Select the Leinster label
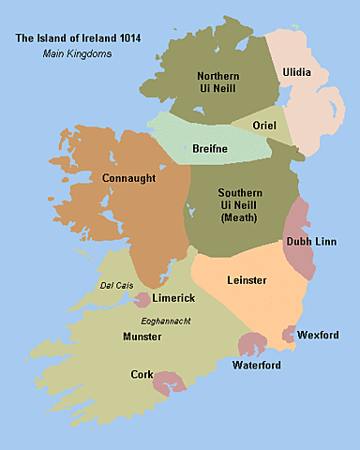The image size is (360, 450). (x=247, y=279)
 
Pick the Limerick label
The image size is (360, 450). (x=174, y=298)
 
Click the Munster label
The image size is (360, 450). (x=142, y=336)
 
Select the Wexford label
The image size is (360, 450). (x=317, y=335)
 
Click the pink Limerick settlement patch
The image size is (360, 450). (x=143, y=300)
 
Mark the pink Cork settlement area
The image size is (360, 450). (x=169, y=382)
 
